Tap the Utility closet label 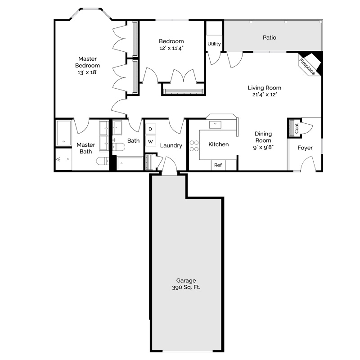[x=214, y=44]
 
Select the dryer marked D [x=150, y=129]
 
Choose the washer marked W [x=150, y=142]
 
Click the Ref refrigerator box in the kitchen [x=218, y=165]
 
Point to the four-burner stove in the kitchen [x=194, y=145]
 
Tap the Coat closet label [x=297, y=128]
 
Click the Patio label [x=270, y=37]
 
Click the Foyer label [x=305, y=148]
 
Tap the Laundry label [x=171, y=145]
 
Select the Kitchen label [x=219, y=144]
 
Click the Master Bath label [x=85, y=148]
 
